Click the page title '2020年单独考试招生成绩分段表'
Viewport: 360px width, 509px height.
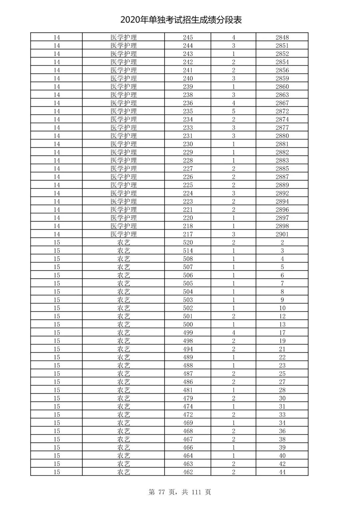point(181,20)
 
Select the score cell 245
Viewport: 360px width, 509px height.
point(188,37)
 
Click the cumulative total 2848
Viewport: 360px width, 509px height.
point(282,37)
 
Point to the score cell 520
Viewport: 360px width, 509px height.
point(188,242)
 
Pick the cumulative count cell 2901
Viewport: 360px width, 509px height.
point(282,234)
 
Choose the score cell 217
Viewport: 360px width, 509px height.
point(188,234)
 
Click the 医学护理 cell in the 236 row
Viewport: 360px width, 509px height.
point(124,103)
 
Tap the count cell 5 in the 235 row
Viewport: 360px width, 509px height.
point(233,111)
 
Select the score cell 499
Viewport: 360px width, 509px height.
point(188,333)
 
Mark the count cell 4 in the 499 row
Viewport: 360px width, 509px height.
point(233,333)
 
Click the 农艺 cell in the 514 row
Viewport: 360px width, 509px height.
point(124,251)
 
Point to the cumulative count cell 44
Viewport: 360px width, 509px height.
point(282,472)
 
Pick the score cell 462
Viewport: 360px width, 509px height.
point(188,472)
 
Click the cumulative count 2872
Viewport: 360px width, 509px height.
point(282,111)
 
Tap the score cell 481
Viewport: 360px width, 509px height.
point(188,390)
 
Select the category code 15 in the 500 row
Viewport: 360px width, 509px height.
point(57,324)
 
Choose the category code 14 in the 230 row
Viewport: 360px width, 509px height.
point(57,144)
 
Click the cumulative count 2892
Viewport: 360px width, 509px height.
point(282,193)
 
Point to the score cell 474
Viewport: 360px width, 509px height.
point(188,406)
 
